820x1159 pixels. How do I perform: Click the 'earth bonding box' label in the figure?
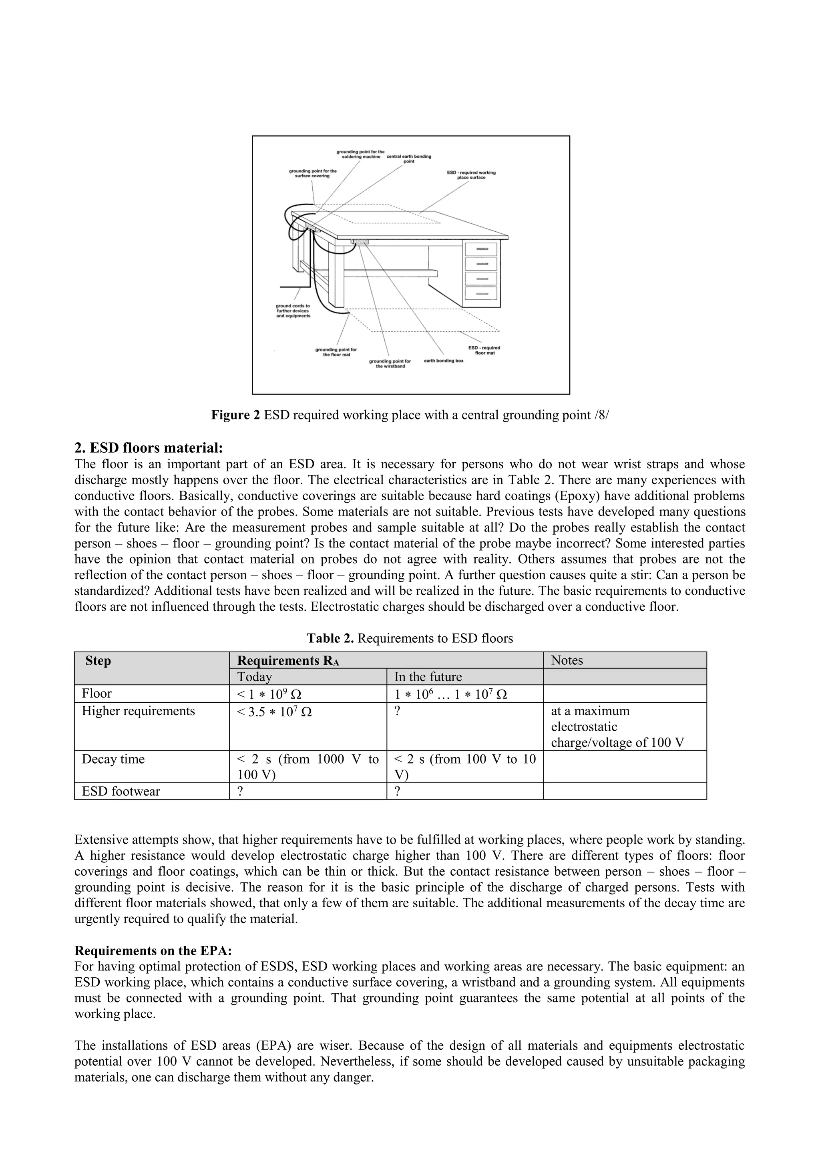pyautogui.click(x=443, y=361)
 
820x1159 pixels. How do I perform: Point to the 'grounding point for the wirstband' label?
pyautogui.click(x=390, y=363)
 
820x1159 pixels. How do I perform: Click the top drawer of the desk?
pyautogui.click(x=481, y=249)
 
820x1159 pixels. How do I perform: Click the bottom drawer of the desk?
pyautogui.click(x=481, y=293)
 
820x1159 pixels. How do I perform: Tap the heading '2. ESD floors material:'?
pyautogui.click(x=149, y=448)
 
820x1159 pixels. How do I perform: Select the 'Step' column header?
pyautogui.click(x=98, y=661)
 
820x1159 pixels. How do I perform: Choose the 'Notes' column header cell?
pyautogui.click(x=567, y=660)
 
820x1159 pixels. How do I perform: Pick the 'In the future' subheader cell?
pyautogui.click(x=428, y=677)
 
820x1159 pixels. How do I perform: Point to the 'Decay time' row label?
pyautogui.click(x=113, y=759)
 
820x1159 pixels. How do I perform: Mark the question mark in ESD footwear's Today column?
pyautogui.click(x=240, y=791)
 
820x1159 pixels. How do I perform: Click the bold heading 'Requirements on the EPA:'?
pyautogui.click(x=153, y=950)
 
